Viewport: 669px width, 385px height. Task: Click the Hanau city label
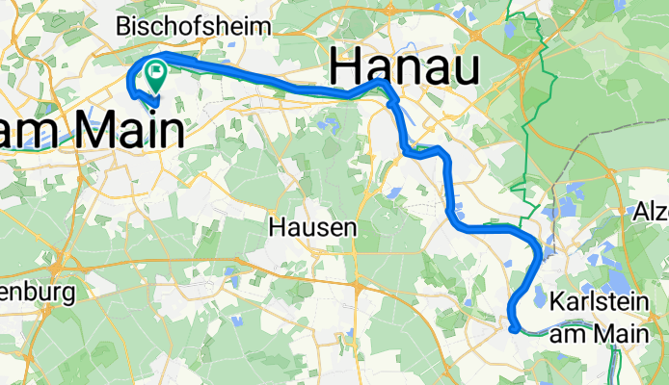pos(404,68)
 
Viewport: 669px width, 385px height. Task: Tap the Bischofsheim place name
pos(194,23)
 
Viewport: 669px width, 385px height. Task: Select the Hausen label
pos(311,227)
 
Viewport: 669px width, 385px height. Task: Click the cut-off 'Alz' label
pos(652,210)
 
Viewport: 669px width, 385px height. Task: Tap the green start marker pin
pos(155,71)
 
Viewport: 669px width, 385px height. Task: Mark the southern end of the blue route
pos(517,328)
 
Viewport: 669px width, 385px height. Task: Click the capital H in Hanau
pos(350,68)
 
